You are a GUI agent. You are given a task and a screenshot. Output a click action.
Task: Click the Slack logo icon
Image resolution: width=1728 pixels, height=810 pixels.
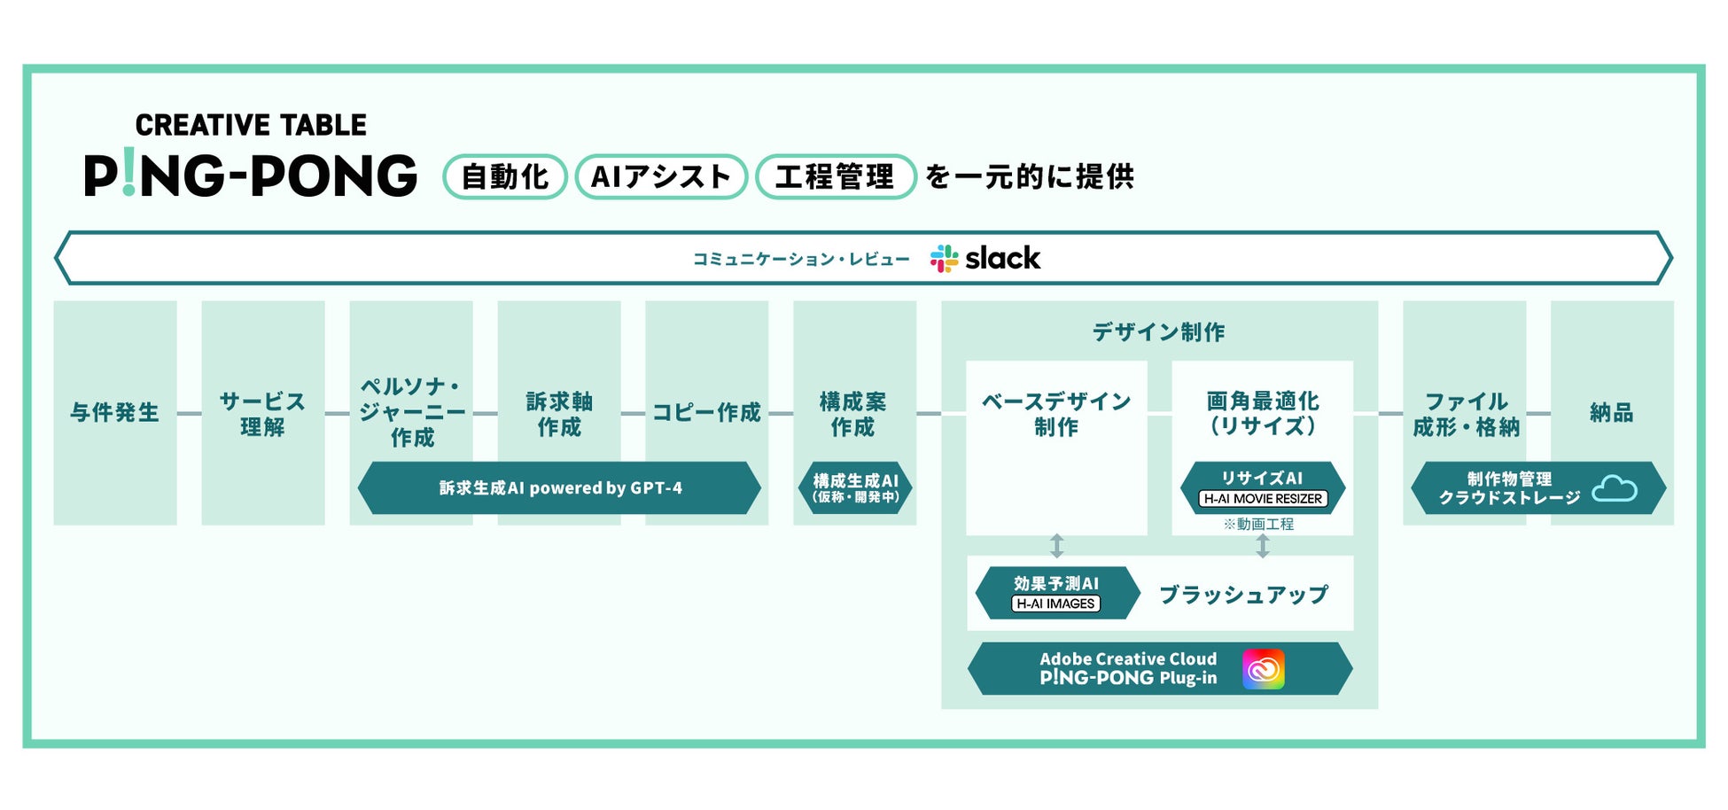(944, 259)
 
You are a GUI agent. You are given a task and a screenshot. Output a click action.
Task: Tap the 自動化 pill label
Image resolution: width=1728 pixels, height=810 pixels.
(505, 176)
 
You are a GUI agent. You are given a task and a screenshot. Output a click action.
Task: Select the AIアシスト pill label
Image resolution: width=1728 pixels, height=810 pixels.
(661, 176)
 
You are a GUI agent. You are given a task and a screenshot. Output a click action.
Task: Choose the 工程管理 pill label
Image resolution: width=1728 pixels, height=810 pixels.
(835, 176)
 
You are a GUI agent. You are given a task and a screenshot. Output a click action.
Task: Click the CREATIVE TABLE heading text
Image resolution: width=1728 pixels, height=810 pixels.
(251, 126)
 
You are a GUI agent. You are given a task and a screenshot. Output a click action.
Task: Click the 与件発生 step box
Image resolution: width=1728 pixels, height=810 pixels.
(115, 413)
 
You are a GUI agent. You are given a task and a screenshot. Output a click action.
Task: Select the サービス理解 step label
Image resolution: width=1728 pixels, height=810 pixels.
(262, 414)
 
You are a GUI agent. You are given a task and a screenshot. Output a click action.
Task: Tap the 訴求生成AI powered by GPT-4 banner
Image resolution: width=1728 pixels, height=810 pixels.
(559, 488)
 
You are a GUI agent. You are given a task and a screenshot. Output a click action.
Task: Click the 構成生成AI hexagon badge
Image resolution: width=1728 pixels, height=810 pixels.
(855, 488)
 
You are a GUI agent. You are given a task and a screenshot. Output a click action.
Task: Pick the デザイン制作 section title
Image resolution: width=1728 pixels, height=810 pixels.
(1158, 332)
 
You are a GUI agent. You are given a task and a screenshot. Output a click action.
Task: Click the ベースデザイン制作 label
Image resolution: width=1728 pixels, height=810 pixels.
(1056, 414)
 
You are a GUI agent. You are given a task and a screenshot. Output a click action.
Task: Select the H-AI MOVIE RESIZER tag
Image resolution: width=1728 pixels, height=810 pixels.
(1263, 499)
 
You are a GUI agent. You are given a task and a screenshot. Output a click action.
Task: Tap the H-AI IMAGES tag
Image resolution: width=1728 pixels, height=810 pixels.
(1055, 604)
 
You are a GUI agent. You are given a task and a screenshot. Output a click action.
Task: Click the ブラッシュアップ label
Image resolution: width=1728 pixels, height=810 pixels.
(1244, 595)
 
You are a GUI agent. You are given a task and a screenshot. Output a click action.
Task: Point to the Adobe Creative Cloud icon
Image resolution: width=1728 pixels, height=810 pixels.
(1263, 669)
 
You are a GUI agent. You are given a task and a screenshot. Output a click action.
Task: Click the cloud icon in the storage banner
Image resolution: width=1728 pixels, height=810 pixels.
(1614, 488)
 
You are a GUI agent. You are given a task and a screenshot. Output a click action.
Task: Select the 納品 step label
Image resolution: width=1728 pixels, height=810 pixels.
(1611, 413)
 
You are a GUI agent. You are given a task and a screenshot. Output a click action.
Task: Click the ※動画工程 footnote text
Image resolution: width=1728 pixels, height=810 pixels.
(1258, 525)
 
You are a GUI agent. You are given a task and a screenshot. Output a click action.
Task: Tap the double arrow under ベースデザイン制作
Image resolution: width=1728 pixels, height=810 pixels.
(1056, 545)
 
